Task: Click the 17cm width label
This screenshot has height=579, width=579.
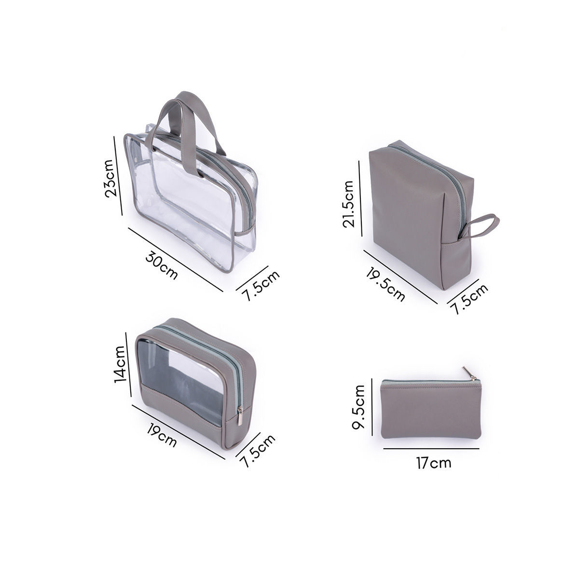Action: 433,464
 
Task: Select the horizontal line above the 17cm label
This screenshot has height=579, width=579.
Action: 431,448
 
